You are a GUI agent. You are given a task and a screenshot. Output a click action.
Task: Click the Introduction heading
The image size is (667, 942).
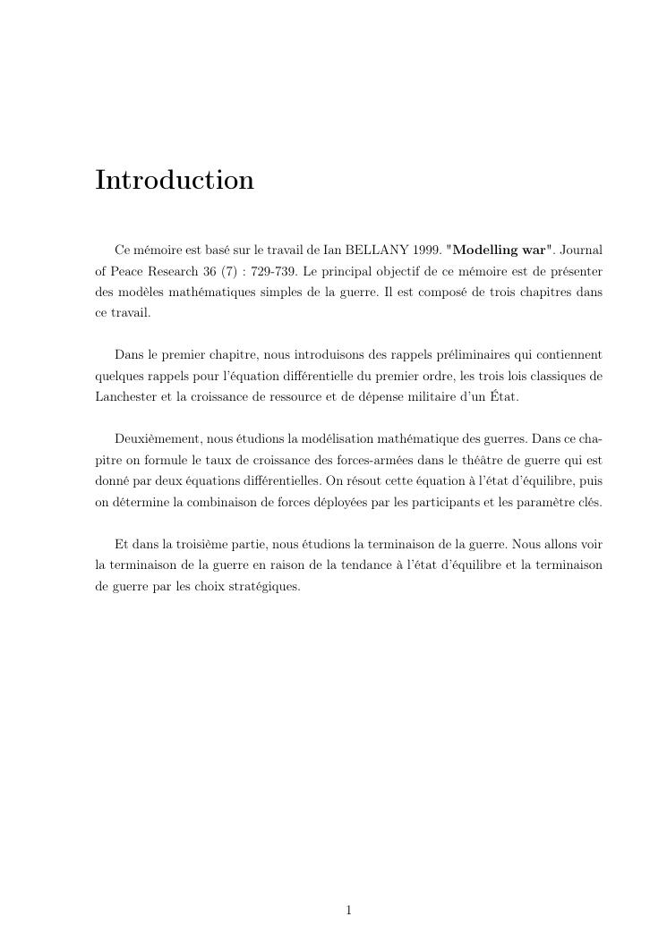[175, 180]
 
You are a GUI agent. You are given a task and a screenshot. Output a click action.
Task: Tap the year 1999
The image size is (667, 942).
[427, 250]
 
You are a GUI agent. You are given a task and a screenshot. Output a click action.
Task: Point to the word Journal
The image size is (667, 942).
[582, 250]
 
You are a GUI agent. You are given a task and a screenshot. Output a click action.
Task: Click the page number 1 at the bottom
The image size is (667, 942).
[348, 911]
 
